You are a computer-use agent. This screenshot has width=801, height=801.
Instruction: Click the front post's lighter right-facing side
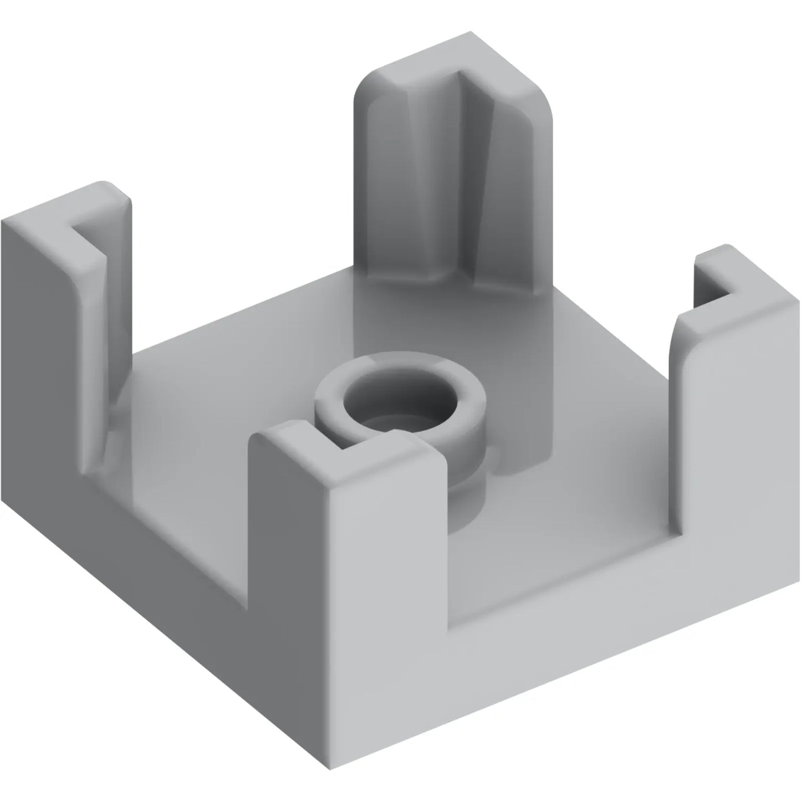coord(388,554)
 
